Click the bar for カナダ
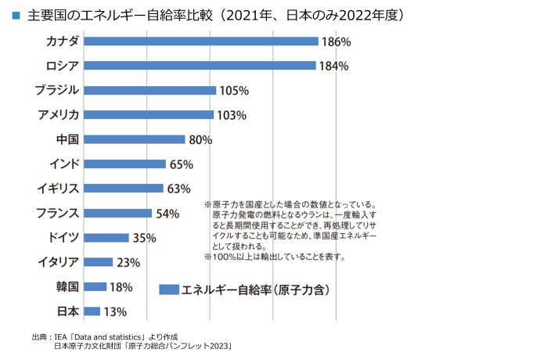pyautogui.click(x=200, y=41)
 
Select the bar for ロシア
pyautogui.click(x=200, y=66)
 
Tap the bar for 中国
pyautogui.click(x=134, y=139)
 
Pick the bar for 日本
pyautogui.click(x=92, y=311)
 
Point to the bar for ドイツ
pyautogui.click(x=106, y=238)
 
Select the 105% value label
pyautogui.click(x=233, y=91)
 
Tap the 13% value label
pyautogui.click(x=115, y=312)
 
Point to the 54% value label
pyautogui.click(x=167, y=214)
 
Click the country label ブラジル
pyautogui.click(x=56, y=90)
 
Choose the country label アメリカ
pyautogui.click(x=58, y=115)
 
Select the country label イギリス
pyautogui.click(x=57, y=189)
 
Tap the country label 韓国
pyautogui.click(x=66, y=286)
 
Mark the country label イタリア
pyautogui.click(x=57, y=262)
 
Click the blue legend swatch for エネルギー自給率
pyautogui.click(x=168, y=289)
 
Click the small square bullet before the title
pyautogui.click(x=16, y=16)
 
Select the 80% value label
pyautogui.click(x=201, y=140)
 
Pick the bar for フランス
pyautogui.click(x=117, y=213)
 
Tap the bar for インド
pyautogui.click(x=124, y=164)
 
